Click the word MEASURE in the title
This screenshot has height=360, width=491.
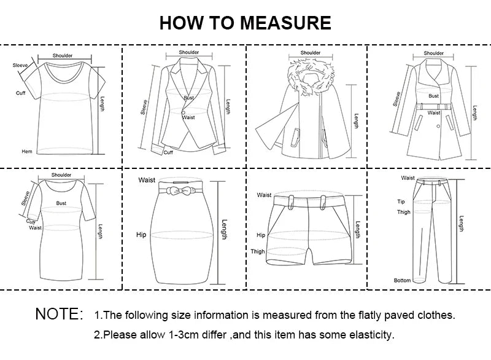pyautogui.click(x=285, y=23)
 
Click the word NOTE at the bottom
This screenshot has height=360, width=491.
pyautogui.click(x=59, y=315)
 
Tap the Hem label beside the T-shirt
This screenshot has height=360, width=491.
pyautogui.click(x=26, y=151)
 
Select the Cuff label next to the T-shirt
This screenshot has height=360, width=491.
pyautogui.click(x=20, y=93)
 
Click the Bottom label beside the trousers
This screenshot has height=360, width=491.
pyautogui.click(x=402, y=280)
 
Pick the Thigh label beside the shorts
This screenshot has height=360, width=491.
pyautogui.click(x=258, y=251)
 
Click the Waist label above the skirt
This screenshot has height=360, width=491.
pyautogui.click(x=146, y=180)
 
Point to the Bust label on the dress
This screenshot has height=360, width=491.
pyautogui.click(x=61, y=202)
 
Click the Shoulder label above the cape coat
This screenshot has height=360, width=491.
pyautogui.click(x=310, y=53)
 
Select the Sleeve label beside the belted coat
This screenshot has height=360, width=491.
pyautogui.click(x=397, y=98)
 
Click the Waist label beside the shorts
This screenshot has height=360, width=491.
pyautogui.click(x=264, y=195)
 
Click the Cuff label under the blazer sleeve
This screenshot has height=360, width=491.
pyautogui.click(x=168, y=152)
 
